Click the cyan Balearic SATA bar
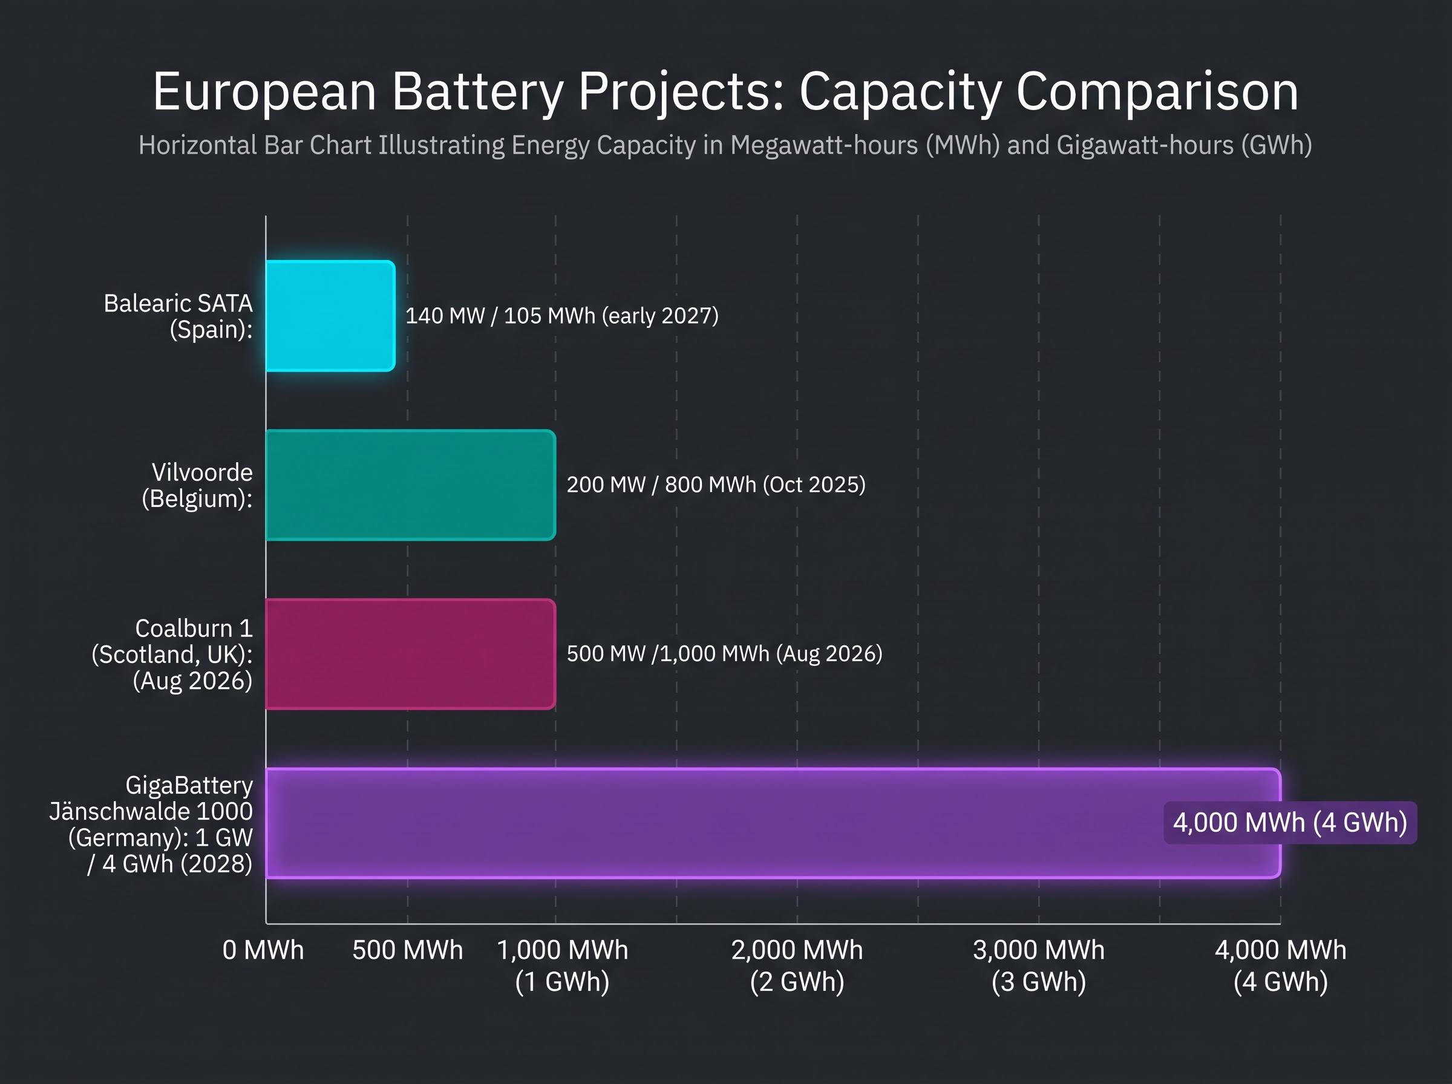click(331, 316)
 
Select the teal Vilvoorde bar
click(411, 485)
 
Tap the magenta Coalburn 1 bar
click(411, 654)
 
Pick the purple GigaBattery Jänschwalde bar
click(774, 823)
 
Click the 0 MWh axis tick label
click(263, 950)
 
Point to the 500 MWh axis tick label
click(407, 950)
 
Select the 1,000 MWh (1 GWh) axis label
click(562, 966)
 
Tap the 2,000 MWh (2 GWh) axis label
click(797, 966)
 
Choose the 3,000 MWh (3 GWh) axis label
click(1039, 966)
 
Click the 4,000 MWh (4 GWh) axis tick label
click(1281, 966)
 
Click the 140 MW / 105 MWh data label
click(561, 316)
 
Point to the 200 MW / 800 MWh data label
click(716, 485)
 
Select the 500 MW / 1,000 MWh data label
click(724, 653)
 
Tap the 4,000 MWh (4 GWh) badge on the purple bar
click(1290, 823)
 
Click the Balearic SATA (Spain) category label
click(178, 316)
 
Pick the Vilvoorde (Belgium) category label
click(197, 486)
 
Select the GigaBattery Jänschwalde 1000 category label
click(151, 824)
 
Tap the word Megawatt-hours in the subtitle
click(824, 146)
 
